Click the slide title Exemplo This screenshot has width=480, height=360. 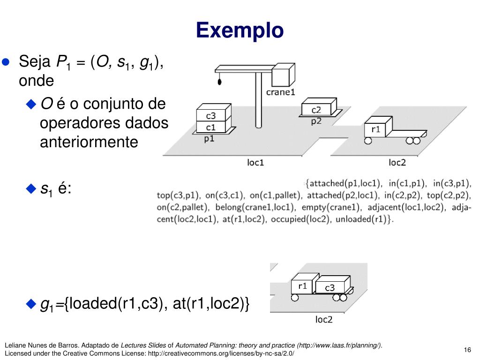pyautogui.click(x=240, y=30)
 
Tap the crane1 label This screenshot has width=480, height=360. pyautogui.click(x=280, y=92)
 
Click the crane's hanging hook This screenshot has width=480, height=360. pyautogui.click(x=219, y=82)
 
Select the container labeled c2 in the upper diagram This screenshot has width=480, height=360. pyautogui.click(x=316, y=110)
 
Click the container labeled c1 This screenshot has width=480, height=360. pyautogui.click(x=211, y=127)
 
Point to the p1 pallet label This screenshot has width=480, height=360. pyautogui.click(x=209, y=139)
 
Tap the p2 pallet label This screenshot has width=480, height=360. pyautogui.click(x=316, y=121)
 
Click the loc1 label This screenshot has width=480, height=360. pyautogui.click(x=255, y=163)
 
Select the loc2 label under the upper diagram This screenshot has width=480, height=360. pyautogui.click(x=397, y=163)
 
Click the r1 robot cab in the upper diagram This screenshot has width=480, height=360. pyautogui.click(x=375, y=129)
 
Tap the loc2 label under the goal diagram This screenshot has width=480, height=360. pyautogui.click(x=323, y=320)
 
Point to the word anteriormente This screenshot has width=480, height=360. pyautogui.click(x=89, y=142)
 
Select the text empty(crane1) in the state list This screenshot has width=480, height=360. pyautogui.click(x=330, y=207)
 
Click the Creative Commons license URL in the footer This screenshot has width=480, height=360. pyautogui.click(x=221, y=353)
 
